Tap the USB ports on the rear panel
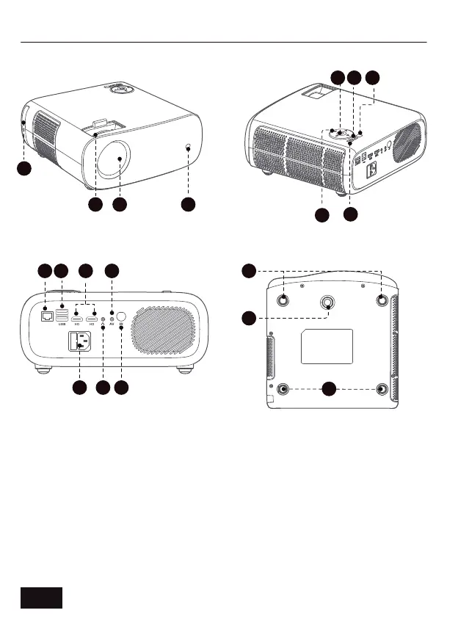[x=62, y=316]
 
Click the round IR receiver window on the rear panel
[x=121, y=318]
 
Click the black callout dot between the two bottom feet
[x=330, y=388]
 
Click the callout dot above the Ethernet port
[x=45, y=272]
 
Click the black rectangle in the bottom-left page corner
[x=41, y=598]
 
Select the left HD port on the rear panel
[x=76, y=320]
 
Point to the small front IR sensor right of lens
[x=189, y=148]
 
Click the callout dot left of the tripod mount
[x=250, y=317]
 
